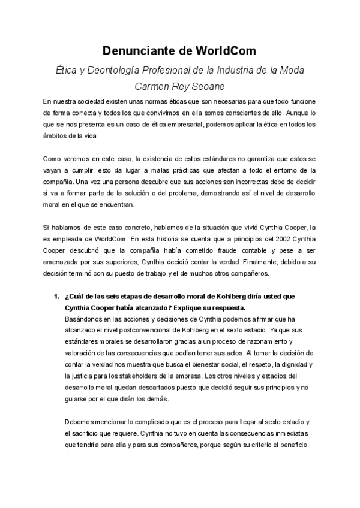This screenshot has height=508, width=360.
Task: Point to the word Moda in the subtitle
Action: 291,70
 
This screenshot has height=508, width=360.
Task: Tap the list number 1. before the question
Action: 56,297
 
